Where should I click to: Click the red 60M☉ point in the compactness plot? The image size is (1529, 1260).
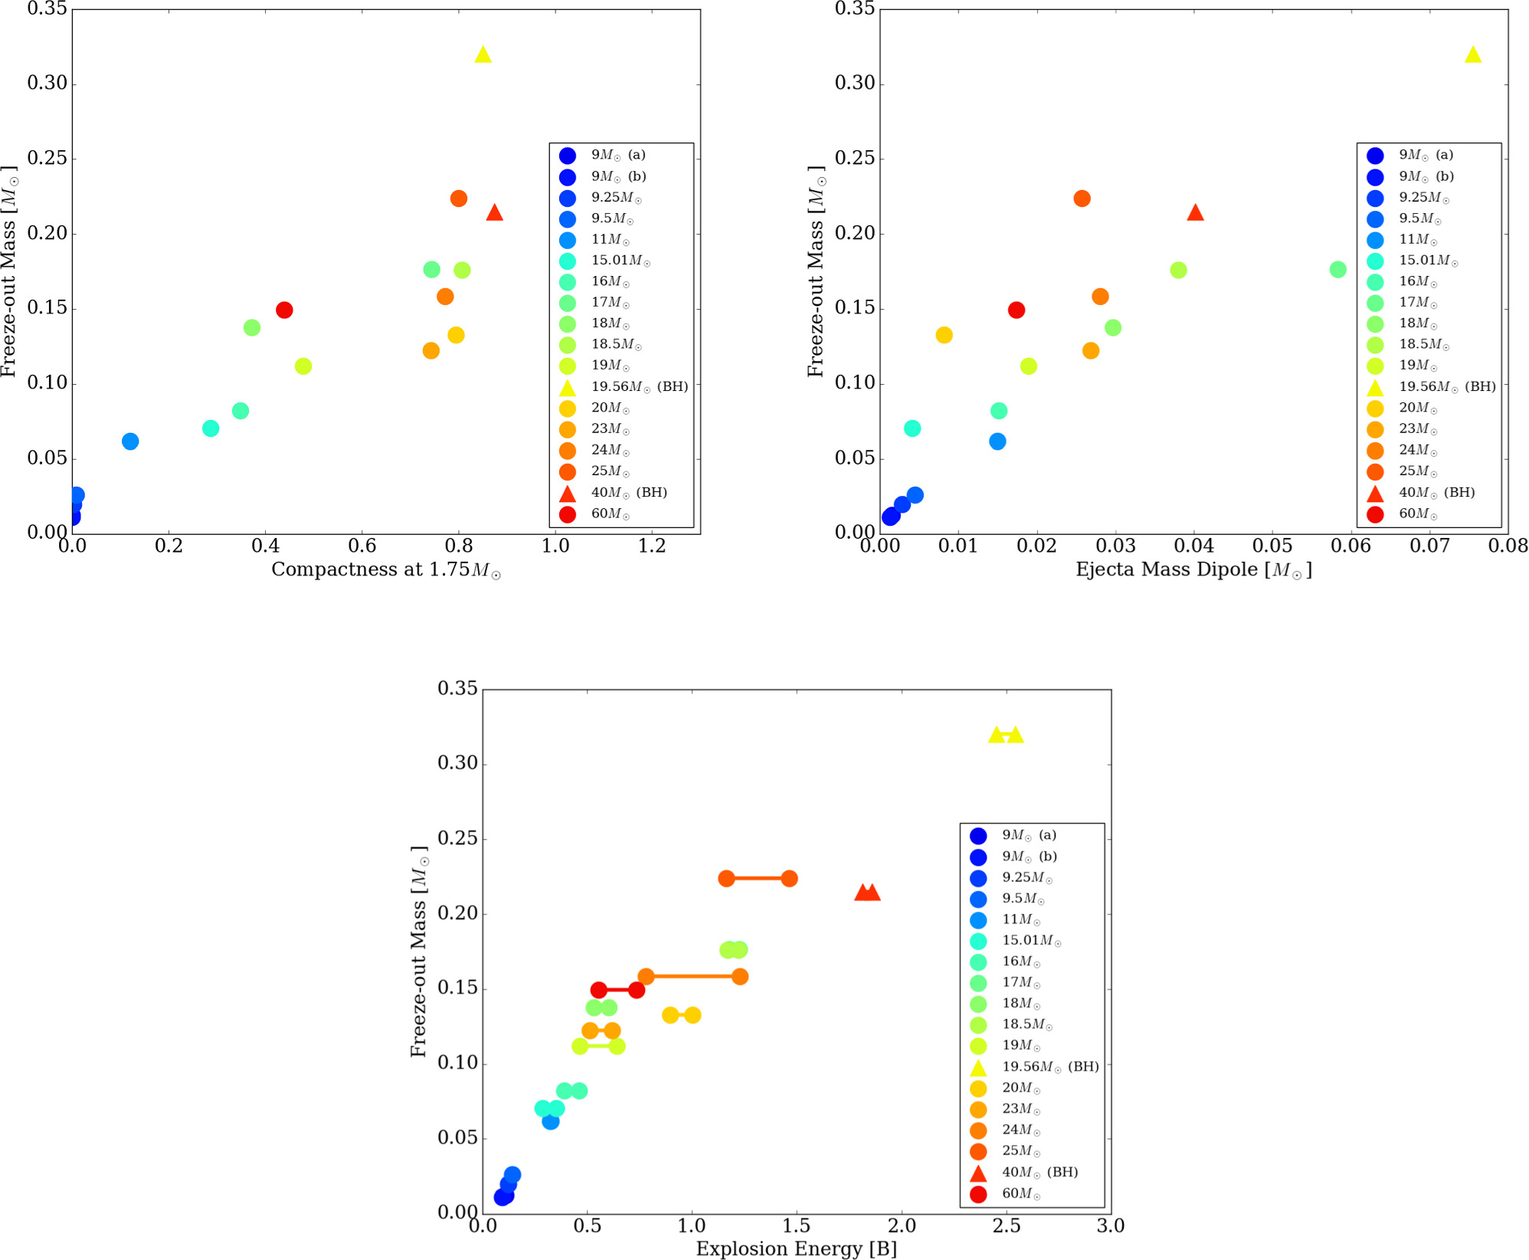(x=284, y=310)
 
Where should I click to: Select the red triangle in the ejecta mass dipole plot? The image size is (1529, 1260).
(x=1195, y=213)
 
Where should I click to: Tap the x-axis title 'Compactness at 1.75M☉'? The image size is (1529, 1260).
(x=386, y=569)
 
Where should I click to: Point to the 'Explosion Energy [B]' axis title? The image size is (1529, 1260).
(x=796, y=1249)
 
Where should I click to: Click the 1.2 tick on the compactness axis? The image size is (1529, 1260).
(x=652, y=546)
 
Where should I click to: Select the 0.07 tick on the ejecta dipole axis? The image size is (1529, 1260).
(x=1429, y=546)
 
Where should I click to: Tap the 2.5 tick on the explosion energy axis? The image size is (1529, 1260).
(x=1007, y=1226)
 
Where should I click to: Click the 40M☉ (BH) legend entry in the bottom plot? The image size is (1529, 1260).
(x=1039, y=1172)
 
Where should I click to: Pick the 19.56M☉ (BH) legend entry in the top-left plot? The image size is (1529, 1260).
(x=639, y=387)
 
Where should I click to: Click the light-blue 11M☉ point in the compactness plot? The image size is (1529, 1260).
(x=130, y=441)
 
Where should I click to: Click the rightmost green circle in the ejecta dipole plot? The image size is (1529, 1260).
(x=1337, y=270)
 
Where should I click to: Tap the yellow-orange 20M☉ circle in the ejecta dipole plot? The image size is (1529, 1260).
(x=944, y=335)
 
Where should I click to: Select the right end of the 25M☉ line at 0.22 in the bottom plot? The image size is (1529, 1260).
(x=789, y=878)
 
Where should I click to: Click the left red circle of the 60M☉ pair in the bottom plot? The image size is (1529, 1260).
(x=599, y=990)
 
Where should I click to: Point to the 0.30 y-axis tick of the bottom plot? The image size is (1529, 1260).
(x=457, y=763)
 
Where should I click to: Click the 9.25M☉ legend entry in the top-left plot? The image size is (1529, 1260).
(x=616, y=198)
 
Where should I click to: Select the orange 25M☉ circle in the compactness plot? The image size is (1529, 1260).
(x=459, y=199)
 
